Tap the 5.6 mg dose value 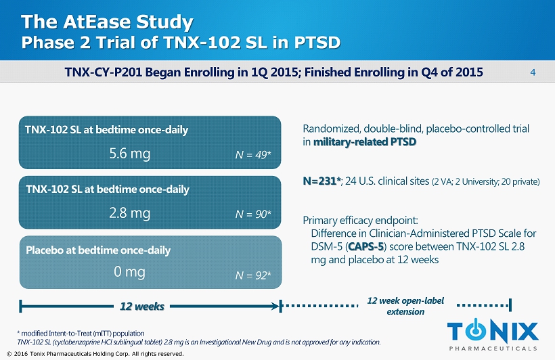point(129,154)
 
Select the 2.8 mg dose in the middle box point(129,213)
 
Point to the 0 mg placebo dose point(129,272)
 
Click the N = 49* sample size point(253,156)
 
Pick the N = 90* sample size point(253,215)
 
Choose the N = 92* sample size point(253,275)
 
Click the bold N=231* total point(321,181)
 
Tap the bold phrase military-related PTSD point(364,142)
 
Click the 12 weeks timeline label point(142,307)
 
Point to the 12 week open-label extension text point(405,306)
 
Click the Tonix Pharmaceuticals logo point(493,335)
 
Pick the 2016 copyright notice point(94,354)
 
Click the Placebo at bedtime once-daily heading point(98,250)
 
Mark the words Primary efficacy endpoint point(361,221)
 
